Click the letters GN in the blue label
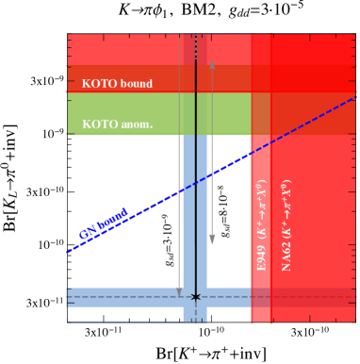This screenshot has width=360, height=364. pyautogui.click(x=86, y=234)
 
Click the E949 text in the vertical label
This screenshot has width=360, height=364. pyautogui.click(x=262, y=259)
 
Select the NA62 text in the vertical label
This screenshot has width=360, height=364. pyautogui.click(x=286, y=259)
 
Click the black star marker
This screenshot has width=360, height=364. pyautogui.click(x=196, y=297)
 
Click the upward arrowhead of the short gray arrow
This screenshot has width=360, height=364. pyautogui.click(x=212, y=64)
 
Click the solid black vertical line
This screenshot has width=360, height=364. pyautogui.click(x=196, y=189)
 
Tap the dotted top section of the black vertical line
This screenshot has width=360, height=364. pyautogui.click(x=196, y=47)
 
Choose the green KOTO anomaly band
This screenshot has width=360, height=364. pyautogui.click(x=151, y=114)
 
